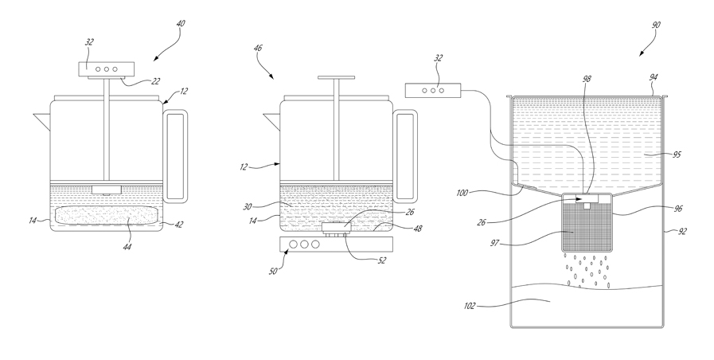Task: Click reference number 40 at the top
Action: pos(181,23)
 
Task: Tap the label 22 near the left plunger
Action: pos(156,80)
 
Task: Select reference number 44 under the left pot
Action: pos(127,247)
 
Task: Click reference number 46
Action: pos(258,48)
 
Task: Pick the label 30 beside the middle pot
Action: pos(248,206)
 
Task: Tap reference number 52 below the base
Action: pos(382,260)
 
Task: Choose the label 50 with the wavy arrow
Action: pos(273,272)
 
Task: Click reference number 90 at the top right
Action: pos(655,25)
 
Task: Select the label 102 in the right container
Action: pos(469,306)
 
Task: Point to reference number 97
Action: pos(495,243)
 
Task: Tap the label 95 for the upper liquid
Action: pos(677,155)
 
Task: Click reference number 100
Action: pos(462,194)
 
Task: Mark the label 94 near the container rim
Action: pos(653,78)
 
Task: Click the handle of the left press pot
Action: pos(175,156)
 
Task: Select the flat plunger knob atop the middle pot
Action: pos(337,78)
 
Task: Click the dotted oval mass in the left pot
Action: pos(107,215)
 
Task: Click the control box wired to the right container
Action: pos(433,90)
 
